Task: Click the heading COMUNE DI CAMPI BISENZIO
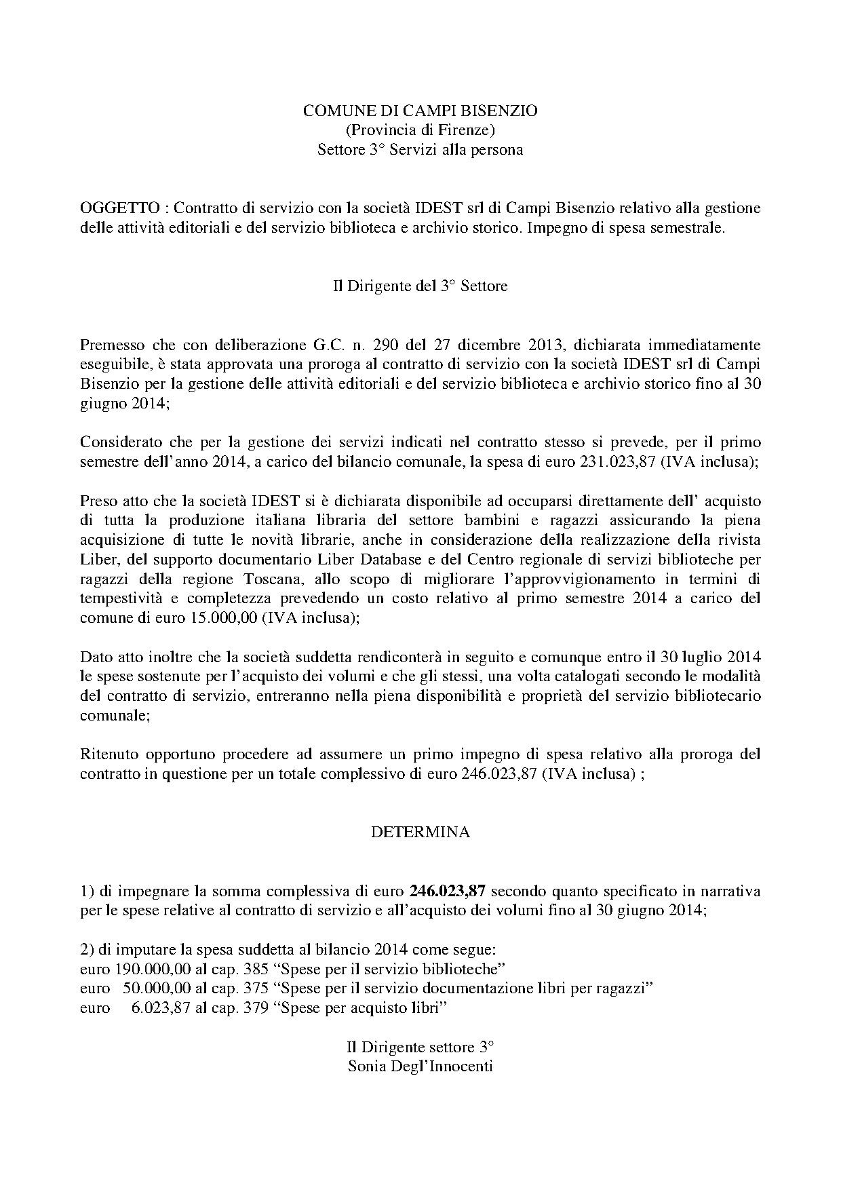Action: pyautogui.click(x=420, y=111)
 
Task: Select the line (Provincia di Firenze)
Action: pyautogui.click(x=420, y=130)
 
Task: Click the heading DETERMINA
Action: pyautogui.click(x=420, y=832)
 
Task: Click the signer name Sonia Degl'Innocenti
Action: pyautogui.click(x=420, y=1066)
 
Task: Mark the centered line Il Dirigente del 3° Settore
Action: pyautogui.click(x=420, y=286)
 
